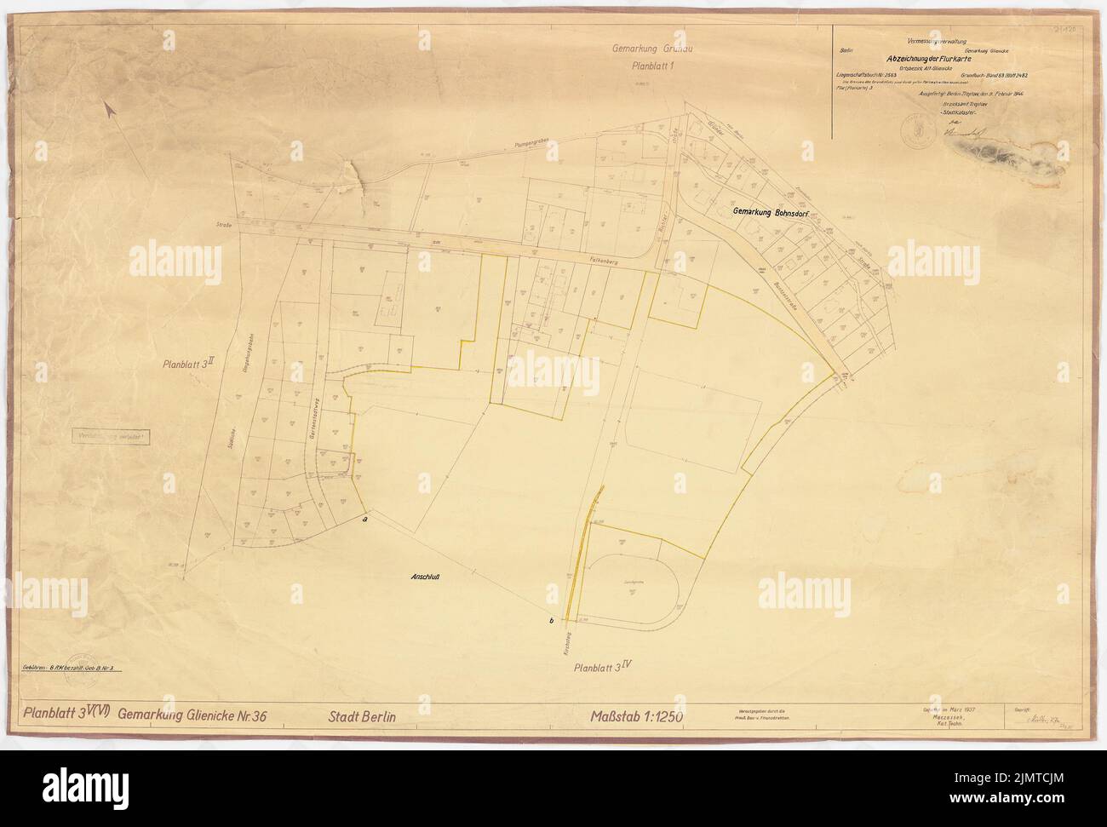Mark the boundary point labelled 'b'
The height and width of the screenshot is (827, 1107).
553,620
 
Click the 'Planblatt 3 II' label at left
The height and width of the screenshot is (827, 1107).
190,363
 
